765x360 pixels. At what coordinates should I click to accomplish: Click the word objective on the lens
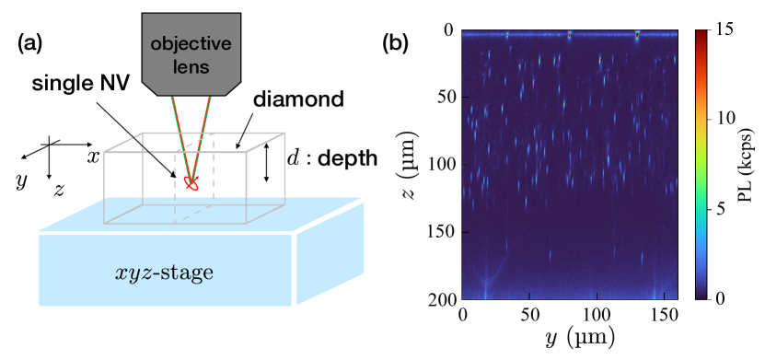[191, 45]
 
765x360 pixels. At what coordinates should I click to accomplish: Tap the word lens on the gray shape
[191, 66]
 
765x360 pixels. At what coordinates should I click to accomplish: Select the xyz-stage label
[165, 273]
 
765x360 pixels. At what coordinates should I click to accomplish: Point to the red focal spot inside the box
[192, 183]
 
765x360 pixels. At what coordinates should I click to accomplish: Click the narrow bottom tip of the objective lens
[191, 93]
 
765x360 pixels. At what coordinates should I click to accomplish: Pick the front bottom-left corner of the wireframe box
[105, 223]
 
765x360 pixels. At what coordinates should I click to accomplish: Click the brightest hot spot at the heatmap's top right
[637, 36]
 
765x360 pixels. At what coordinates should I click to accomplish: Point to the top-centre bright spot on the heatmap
[570, 35]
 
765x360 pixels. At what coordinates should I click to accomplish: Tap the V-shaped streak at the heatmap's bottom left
[488, 276]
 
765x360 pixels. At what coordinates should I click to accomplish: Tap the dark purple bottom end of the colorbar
[701, 295]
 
